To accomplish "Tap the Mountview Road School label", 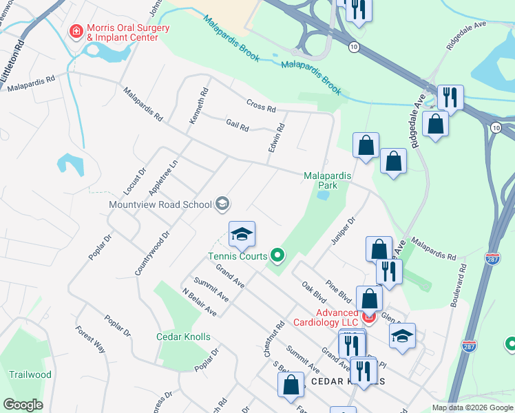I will [160, 204].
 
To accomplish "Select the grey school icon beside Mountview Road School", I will [222, 203].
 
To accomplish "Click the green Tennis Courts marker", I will [277, 256].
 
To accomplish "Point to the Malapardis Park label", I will [328, 180].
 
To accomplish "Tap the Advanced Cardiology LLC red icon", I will [368, 317].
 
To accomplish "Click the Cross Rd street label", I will [261, 107].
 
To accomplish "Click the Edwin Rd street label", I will [277, 138].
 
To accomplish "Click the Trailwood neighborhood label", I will [30, 375].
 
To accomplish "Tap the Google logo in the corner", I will [22, 405].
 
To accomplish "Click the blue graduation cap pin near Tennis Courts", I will [242, 235].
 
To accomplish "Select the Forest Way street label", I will [91, 339].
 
